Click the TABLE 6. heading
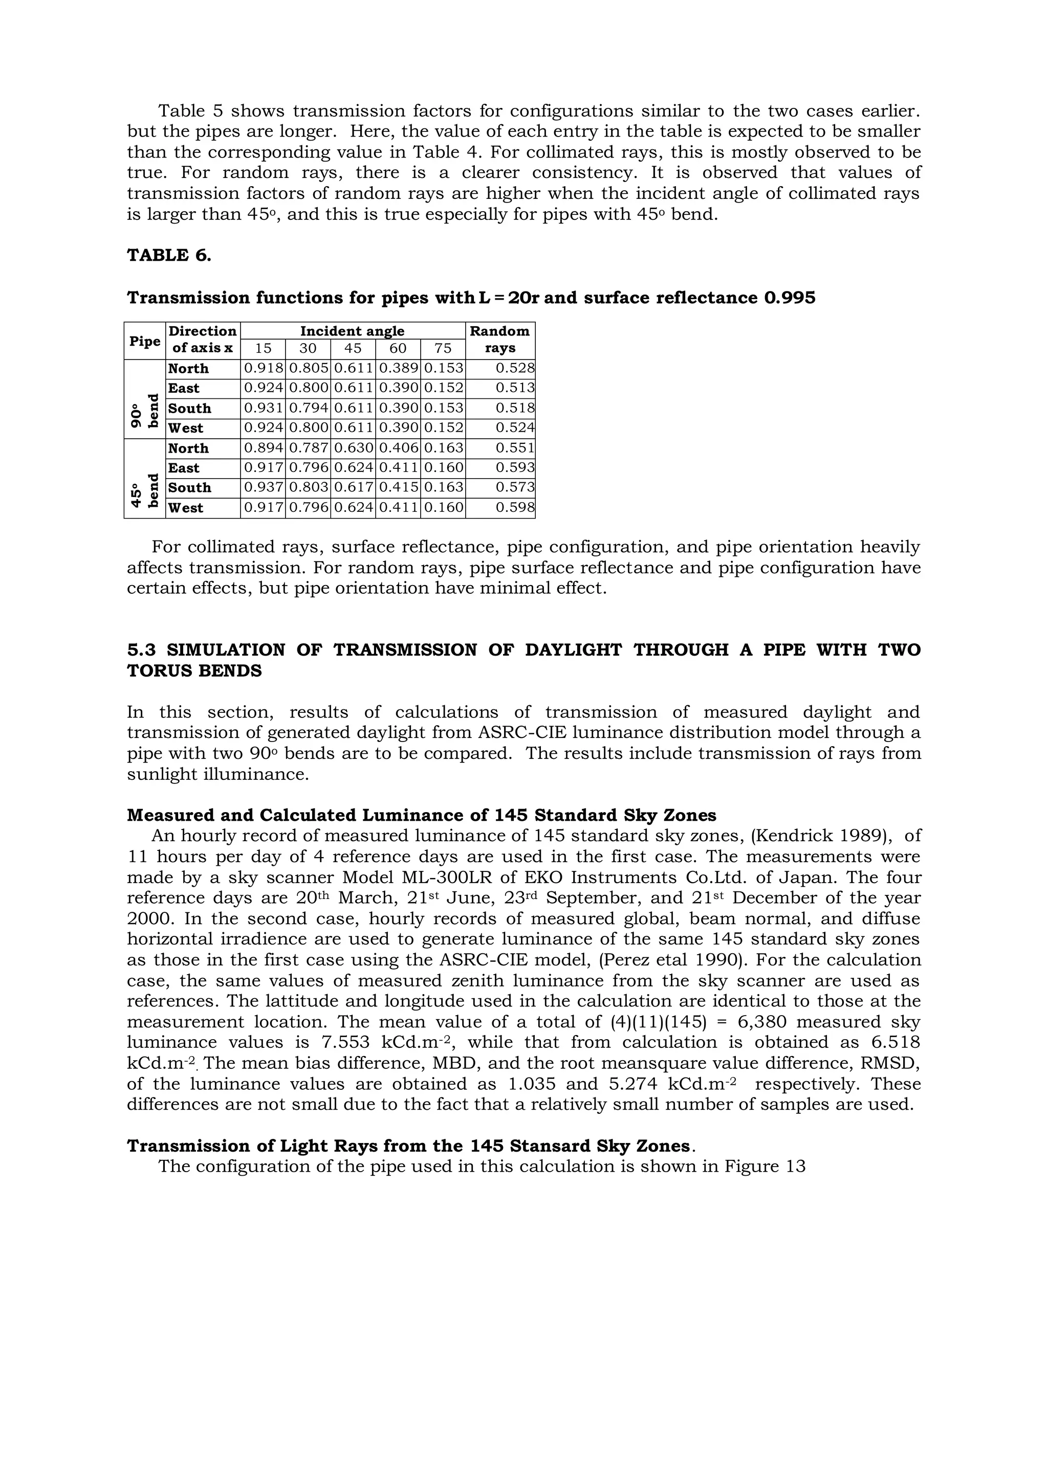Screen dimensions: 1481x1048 tap(169, 255)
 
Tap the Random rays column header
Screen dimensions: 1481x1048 tap(500, 339)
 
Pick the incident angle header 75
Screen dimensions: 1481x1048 tap(443, 348)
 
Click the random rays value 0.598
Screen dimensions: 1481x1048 tap(514, 508)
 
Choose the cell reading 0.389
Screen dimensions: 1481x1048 tap(398, 369)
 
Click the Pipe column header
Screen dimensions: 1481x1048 tap(144, 341)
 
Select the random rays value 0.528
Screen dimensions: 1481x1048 tap(514, 369)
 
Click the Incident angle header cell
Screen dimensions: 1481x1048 tap(353, 331)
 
